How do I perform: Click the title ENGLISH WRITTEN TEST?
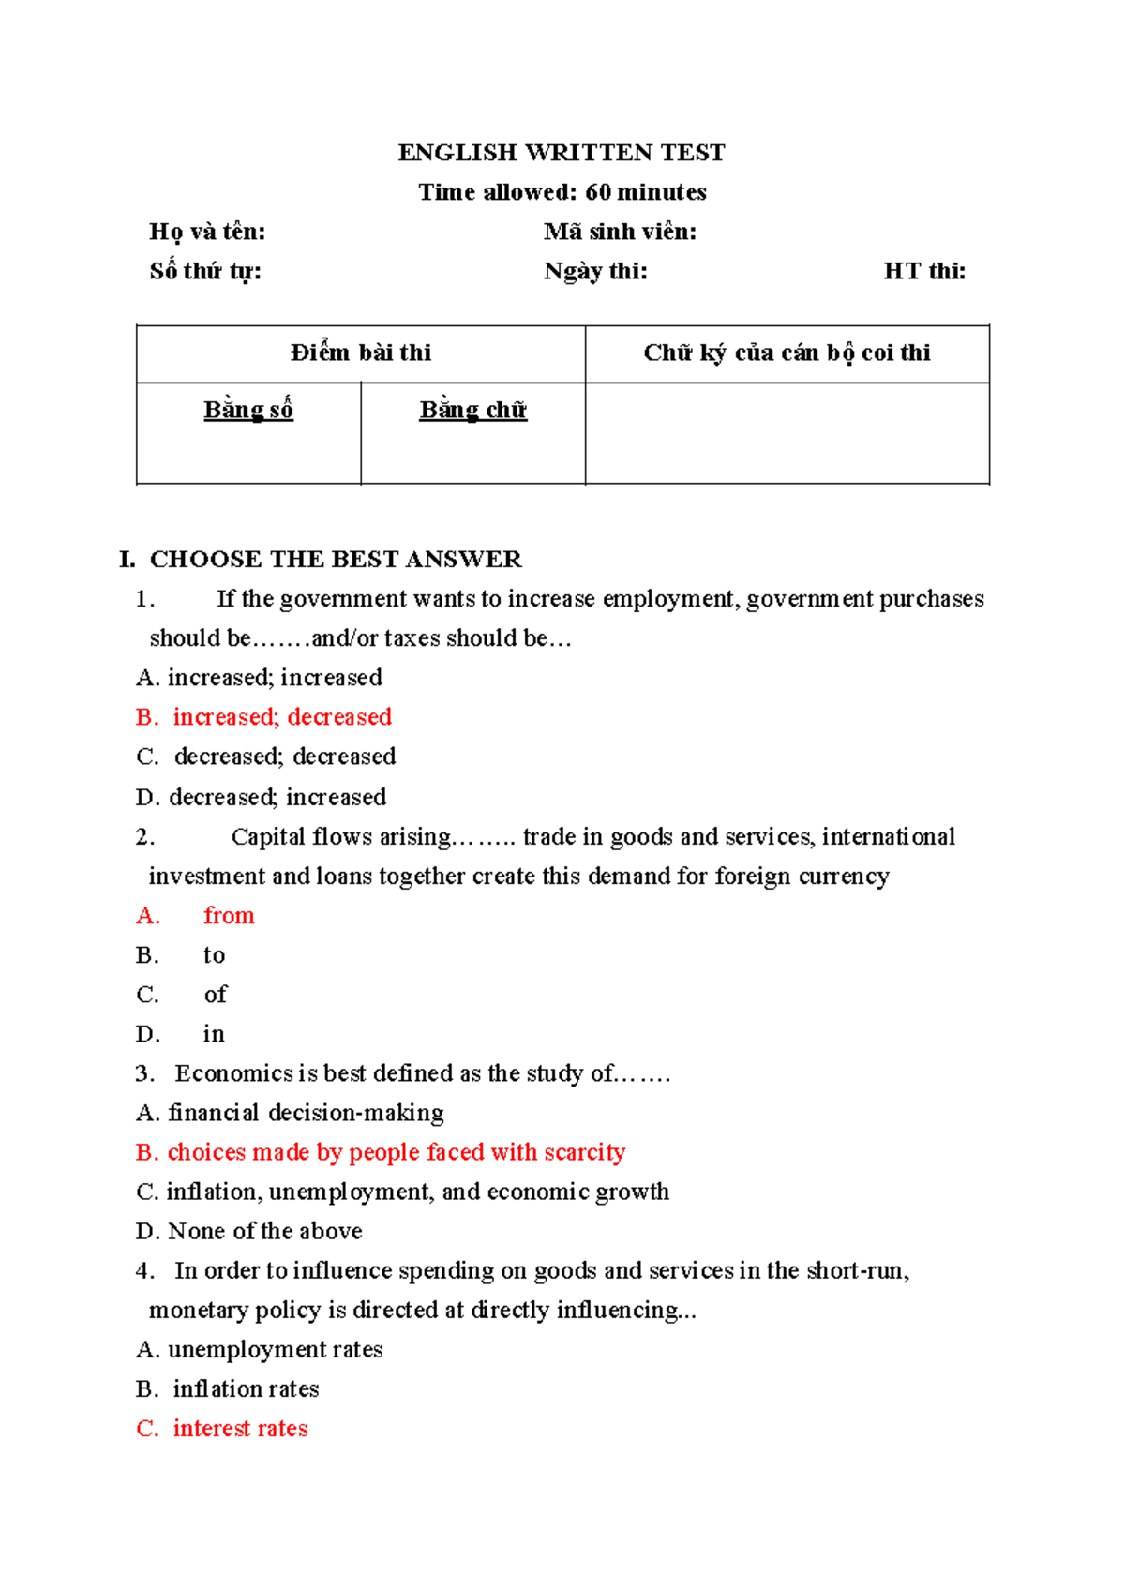tap(562, 153)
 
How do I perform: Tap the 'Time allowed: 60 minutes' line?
tap(562, 192)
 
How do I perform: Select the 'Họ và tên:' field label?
tap(207, 232)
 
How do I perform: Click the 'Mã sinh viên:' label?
tap(620, 232)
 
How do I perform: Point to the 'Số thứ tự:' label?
tap(205, 271)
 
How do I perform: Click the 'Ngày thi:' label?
tap(595, 271)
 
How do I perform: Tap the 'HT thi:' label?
tap(923, 271)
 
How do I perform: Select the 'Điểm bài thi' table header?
tap(361, 352)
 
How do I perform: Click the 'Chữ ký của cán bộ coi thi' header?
tap(787, 352)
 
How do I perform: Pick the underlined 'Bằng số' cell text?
tap(248, 410)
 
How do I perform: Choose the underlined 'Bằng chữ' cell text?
tap(472, 410)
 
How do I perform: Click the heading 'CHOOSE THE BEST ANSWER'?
tap(335, 559)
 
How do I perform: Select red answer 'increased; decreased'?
tap(281, 717)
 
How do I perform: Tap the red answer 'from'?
tap(229, 915)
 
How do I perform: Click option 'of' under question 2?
tap(216, 994)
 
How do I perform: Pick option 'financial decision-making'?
tap(306, 1113)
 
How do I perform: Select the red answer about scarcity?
tap(396, 1152)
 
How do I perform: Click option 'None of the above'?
tap(264, 1231)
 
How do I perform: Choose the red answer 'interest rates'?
tap(240, 1428)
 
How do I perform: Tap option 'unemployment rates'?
tap(275, 1349)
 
